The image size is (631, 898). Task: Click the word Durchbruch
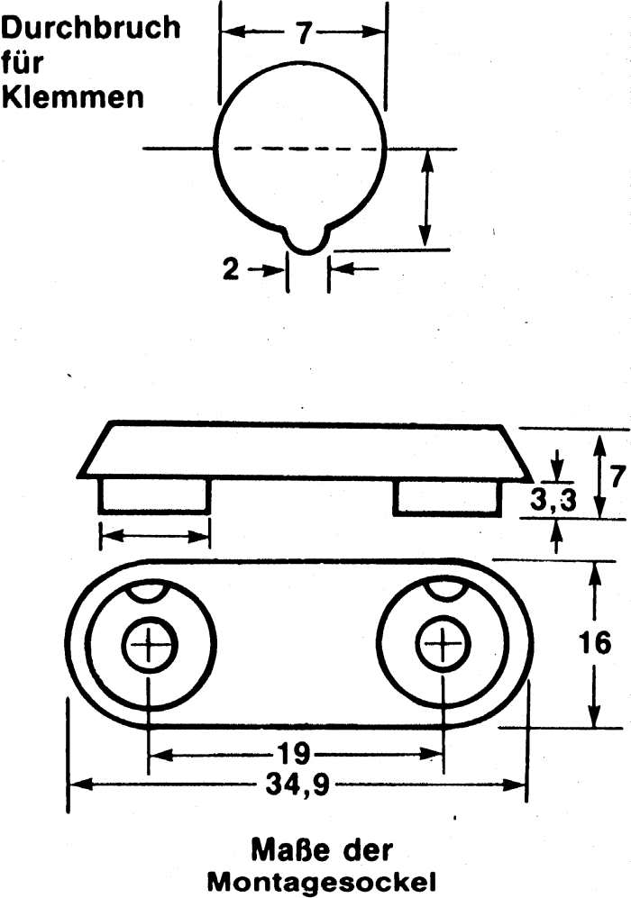(x=90, y=28)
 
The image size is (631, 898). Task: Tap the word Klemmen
(x=72, y=97)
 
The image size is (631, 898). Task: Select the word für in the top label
(x=22, y=62)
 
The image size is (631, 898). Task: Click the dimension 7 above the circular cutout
(x=303, y=33)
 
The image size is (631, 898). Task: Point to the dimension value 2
(x=231, y=269)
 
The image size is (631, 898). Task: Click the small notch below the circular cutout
(x=307, y=240)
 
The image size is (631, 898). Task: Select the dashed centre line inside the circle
(x=298, y=149)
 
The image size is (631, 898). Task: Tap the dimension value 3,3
(x=553, y=501)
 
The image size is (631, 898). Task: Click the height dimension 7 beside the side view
(x=616, y=476)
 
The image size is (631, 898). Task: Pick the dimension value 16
(x=594, y=643)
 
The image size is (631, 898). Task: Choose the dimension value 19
(x=295, y=753)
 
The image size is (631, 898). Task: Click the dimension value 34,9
(x=297, y=785)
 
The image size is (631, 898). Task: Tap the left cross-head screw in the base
(x=149, y=646)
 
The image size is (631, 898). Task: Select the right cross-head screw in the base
(x=443, y=646)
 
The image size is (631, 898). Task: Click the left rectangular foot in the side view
(x=155, y=494)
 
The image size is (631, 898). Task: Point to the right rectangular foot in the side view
(x=448, y=496)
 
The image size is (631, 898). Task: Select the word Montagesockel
(x=321, y=882)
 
